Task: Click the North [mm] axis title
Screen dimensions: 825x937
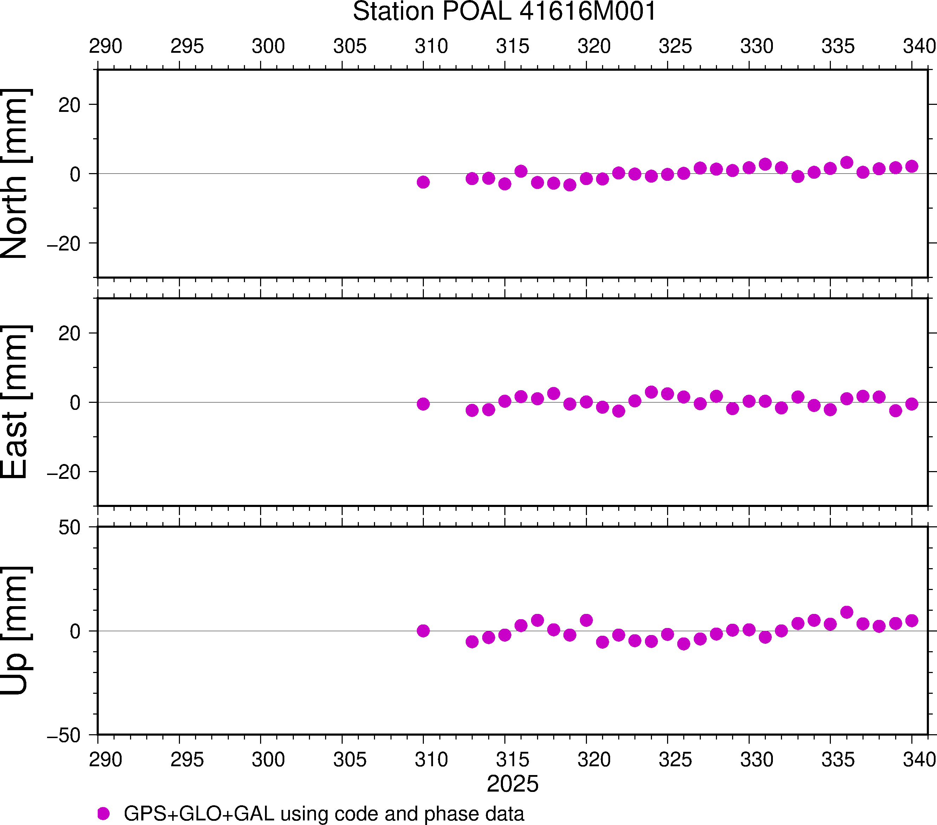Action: pyautogui.click(x=15, y=173)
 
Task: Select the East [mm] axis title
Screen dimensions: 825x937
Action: pyautogui.click(x=15, y=402)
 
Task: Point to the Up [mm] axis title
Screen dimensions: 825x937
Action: pyautogui.click(x=15, y=630)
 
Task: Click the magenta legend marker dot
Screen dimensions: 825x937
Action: pyautogui.click(x=104, y=813)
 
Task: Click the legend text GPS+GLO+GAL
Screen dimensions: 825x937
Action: pyautogui.click(x=199, y=813)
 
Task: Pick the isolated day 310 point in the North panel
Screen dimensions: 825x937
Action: pyautogui.click(x=423, y=182)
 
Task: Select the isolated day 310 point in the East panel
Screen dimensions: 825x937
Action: pyautogui.click(x=423, y=404)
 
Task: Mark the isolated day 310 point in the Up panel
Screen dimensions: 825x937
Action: pyautogui.click(x=423, y=631)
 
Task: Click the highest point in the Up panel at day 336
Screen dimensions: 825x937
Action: pyautogui.click(x=847, y=612)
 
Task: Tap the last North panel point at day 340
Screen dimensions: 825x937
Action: pyautogui.click(x=912, y=166)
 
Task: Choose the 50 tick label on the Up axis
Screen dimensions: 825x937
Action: pyautogui.click(x=69, y=528)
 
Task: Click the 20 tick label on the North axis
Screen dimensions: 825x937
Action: pyautogui.click(x=69, y=106)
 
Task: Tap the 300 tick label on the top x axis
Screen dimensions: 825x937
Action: pyautogui.click(x=268, y=46)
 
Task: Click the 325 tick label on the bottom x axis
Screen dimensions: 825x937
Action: pyautogui.click(x=675, y=760)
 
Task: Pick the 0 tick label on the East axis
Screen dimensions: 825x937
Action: pyautogui.click(x=75, y=403)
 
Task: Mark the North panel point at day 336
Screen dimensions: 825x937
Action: pyautogui.click(x=847, y=163)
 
